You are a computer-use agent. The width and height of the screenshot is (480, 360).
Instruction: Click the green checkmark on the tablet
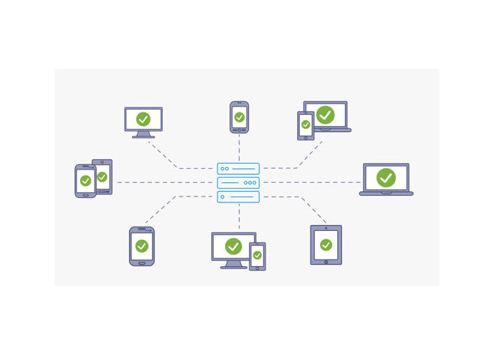(x=325, y=245)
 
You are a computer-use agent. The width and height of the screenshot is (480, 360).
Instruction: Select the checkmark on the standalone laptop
(x=385, y=178)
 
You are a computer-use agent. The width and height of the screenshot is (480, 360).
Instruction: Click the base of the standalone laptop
(x=385, y=193)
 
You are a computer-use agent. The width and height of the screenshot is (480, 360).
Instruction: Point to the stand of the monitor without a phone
(x=143, y=135)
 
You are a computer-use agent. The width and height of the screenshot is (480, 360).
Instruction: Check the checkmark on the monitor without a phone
(x=143, y=119)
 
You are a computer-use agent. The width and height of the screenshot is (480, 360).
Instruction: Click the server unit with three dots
(x=238, y=182)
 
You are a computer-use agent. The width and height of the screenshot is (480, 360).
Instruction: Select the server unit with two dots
(x=238, y=169)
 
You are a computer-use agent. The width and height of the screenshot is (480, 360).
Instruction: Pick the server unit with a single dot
(x=238, y=196)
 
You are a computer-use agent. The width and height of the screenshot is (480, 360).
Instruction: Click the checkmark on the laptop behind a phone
(x=325, y=115)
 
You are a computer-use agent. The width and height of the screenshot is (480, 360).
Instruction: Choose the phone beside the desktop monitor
(x=257, y=256)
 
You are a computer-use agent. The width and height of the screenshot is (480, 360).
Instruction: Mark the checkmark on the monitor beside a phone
(x=233, y=246)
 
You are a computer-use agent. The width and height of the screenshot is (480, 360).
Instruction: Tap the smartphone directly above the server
(x=238, y=118)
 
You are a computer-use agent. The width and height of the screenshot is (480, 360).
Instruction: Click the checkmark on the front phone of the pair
(x=85, y=181)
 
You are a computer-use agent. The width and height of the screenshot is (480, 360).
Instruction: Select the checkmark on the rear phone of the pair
(x=102, y=177)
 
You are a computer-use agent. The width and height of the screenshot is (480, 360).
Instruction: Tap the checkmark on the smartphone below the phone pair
(x=142, y=246)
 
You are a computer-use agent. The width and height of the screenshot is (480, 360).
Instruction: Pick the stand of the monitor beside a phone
(x=233, y=264)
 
